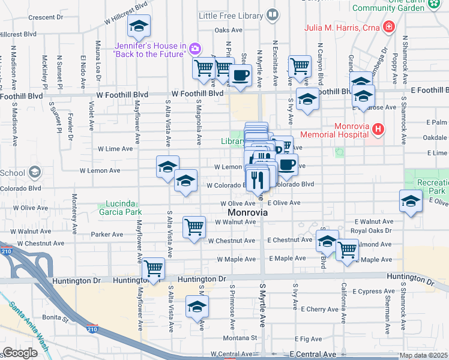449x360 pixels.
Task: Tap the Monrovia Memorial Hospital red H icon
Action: pyautogui.click(x=377, y=128)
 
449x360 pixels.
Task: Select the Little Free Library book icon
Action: pyautogui.click(x=273, y=13)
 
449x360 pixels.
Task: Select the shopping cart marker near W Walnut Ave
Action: pyautogui.click(x=194, y=227)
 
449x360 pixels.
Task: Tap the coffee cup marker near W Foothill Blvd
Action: pyautogui.click(x=241, y=75)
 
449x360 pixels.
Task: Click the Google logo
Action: pyautogui.click(x=20, y=353)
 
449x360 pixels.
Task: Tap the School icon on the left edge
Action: pyautogui.click(x=35, y=173)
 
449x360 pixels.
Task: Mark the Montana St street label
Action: pyautogui.click(x=243, y=338)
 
